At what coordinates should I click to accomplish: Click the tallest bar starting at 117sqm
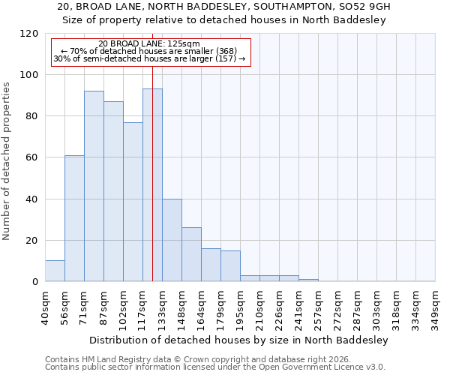click(x=152, y=185)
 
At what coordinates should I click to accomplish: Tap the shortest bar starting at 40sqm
click(x=55, y=271)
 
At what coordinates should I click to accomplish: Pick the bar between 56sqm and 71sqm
click(x=74, y=218)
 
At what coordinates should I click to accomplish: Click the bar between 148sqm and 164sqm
click(x=191, y=254)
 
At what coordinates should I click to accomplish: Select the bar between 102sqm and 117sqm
click(x=133, y=202)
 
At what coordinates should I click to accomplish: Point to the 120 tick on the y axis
click(x=29, y=34)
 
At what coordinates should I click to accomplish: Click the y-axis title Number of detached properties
click(x=7, y=161)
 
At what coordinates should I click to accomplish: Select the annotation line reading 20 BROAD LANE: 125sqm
click(x=149, y=43)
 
